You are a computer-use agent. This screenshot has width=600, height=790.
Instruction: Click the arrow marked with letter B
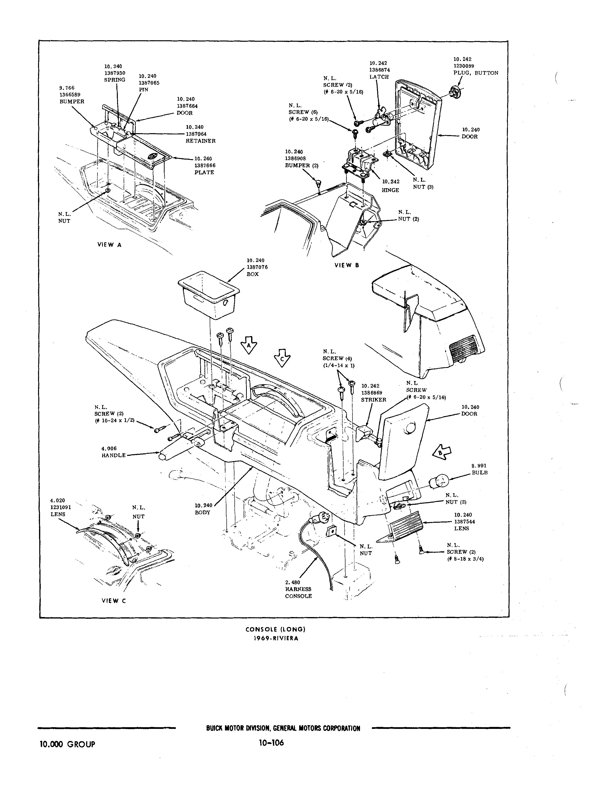point(441,452)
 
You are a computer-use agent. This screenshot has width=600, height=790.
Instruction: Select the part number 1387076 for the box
point(257,267)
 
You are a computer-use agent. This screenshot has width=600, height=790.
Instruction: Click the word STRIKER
point(373,400)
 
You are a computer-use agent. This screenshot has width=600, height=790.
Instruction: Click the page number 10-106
point(272,743)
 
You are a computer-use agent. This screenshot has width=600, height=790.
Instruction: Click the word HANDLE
point(113,455)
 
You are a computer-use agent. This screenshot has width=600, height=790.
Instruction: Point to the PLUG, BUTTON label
point(476,73)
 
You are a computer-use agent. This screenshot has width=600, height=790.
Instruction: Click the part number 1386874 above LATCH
point(379,70)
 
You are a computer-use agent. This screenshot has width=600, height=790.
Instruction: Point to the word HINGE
point(390,190)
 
